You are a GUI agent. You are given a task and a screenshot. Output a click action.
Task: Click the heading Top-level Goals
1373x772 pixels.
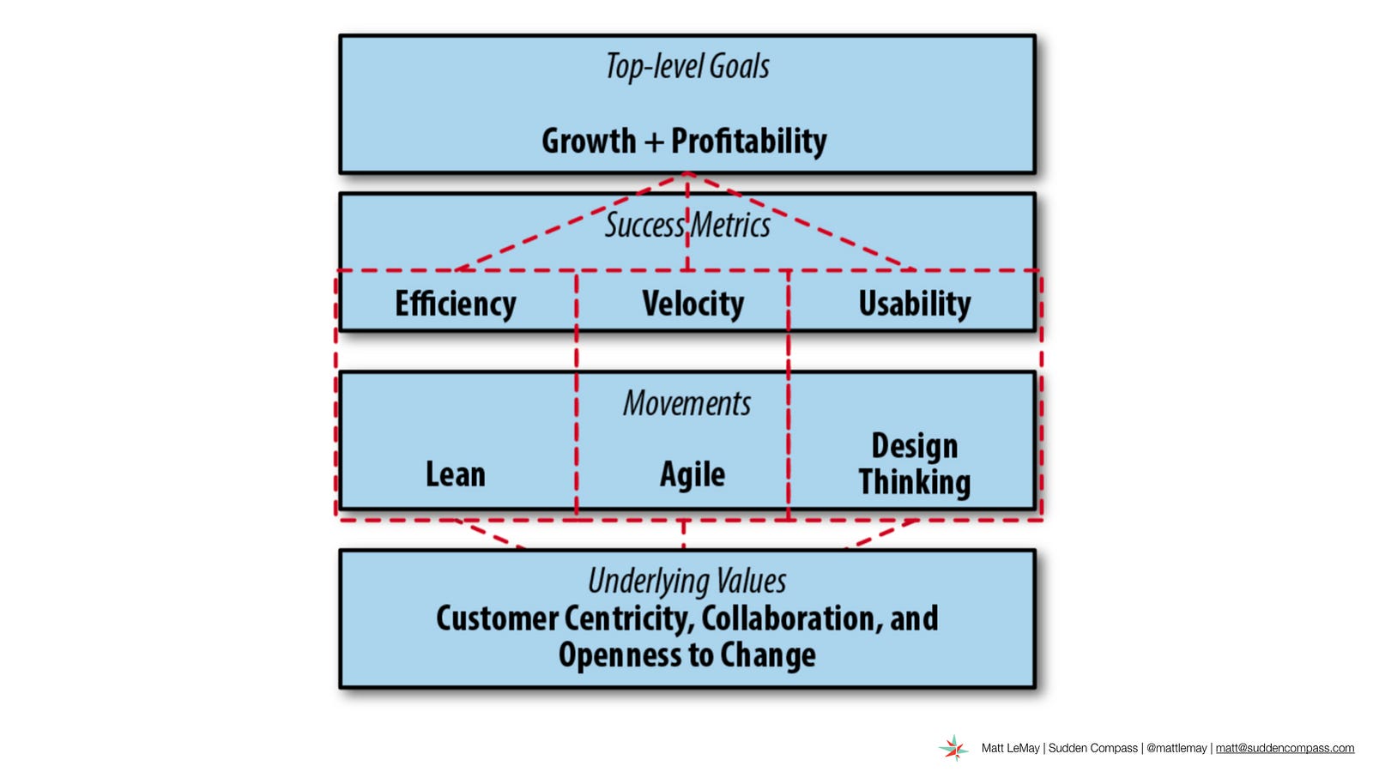click(x=687, y=66)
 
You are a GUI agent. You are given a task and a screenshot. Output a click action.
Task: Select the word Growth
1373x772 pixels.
click(x=589, y=141)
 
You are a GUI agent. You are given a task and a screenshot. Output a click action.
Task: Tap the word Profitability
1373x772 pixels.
click(x=749, y=141)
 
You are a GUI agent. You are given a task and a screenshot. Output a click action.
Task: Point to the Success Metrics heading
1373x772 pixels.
click(x=687, y=225)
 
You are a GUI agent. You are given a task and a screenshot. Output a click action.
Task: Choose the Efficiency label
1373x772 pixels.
click(x=456, y=304)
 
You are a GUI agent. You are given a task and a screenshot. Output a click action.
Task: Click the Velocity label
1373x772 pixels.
click(x=693, y=304)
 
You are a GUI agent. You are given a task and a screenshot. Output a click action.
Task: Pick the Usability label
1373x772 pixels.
click(x=915, y=304)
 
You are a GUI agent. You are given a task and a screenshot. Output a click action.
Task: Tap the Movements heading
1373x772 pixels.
click(x=687, y=404)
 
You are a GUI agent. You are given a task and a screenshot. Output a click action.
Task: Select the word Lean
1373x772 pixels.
click(x=456, y=475)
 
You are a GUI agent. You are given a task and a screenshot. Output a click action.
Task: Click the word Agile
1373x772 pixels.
click(x=693, y=475)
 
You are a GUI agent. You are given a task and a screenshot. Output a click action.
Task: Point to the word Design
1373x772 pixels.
click(x=915, y=446)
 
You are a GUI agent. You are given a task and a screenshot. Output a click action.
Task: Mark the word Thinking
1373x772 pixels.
click(x=915, y=482)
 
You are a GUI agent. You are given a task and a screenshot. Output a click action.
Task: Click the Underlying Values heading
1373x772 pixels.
click(x=687, y=581)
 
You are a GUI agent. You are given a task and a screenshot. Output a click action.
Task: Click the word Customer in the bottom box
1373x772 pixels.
click(x=497, y=618)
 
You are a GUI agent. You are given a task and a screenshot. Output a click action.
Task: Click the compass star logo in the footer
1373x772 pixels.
click(x=953, y=748)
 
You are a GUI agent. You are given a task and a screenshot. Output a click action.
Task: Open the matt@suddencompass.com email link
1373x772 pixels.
click(x=1285, y=748)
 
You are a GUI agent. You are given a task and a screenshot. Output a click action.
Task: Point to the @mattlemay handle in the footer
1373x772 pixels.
click(x=1176, y=748)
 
